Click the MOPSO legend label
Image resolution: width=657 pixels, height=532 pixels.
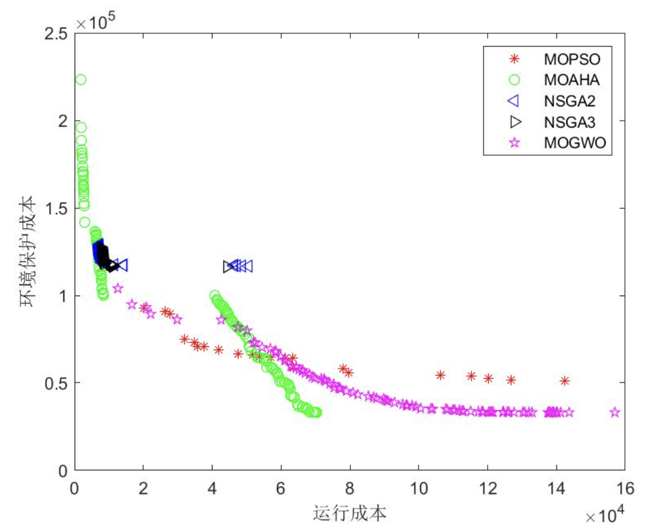(x=572, y=59)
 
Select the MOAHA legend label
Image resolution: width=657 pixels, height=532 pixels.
(x=572, y=80)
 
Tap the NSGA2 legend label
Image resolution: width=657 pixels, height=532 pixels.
(x=569, y=101)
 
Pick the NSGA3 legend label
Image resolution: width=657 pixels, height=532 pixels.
(x=569, y=122)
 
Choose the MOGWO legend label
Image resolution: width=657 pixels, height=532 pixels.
(x=575, y=143)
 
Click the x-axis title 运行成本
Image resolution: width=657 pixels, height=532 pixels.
(x=350, y=513)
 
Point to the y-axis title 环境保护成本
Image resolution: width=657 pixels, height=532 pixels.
(x=28, y=251)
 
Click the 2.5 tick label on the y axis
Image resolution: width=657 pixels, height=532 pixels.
(x=56, y=34)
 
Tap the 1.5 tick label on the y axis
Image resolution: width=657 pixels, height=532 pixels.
(x=56, y=208)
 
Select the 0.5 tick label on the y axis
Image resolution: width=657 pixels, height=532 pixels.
(x=56, y=383)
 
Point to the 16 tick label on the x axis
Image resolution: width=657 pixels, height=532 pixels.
(x=625, y=488)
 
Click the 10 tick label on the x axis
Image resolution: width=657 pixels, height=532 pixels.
(x=419, y=488)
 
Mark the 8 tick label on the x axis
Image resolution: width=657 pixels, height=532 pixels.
(x=350, y=488)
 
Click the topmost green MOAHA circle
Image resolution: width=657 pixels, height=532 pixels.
(x=80, y=79)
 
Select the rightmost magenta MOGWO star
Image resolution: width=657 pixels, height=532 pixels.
(x=615, y=412)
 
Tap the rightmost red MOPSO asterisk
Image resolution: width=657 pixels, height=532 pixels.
(x=565, y=381)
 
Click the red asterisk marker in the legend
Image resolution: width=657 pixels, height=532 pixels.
(x=514, y=59)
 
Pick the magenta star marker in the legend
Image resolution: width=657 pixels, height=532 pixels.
(x=514, y=143)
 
